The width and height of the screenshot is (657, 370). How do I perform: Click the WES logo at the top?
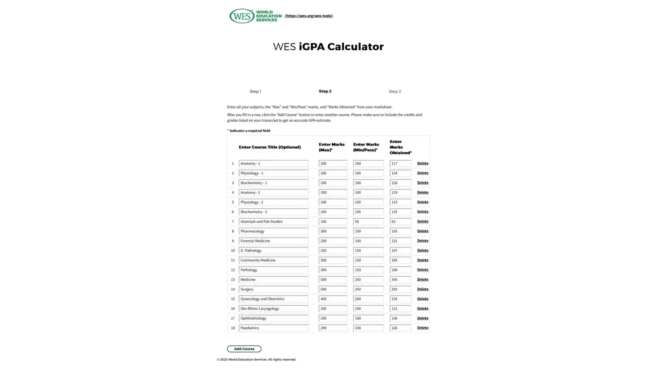click(x=255, y=16)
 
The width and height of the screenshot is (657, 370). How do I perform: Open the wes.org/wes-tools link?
click(x=309, y=16)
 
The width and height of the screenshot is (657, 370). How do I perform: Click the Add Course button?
click(x=244, y=349)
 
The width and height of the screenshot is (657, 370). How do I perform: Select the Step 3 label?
click(x=394, y=91)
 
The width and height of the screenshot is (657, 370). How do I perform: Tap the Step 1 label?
click(x=255, y=91)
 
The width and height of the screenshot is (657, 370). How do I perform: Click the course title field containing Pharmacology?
click(x=273, y=231)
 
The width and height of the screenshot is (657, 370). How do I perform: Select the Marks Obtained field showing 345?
click(x=400, y=280)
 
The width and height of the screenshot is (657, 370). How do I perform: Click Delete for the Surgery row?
click(x=422, y=289)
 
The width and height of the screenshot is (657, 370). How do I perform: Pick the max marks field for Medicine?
click(x=333, y=280)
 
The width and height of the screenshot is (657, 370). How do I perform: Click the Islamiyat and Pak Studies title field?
click(x=273, y=222)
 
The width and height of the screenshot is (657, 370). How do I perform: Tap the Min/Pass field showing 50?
click(x=368, y=222)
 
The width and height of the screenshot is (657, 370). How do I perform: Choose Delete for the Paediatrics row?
click(x=422, y=328)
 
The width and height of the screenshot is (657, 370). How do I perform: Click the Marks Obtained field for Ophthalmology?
click(x=400, y=318)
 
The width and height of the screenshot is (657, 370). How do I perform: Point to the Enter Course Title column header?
click(x=269, y=147)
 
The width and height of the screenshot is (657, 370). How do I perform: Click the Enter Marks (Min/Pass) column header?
click(x=366, y=147)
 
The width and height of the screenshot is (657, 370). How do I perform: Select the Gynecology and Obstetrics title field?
click(x=273, y=299)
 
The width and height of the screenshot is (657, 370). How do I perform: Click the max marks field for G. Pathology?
click(x=333, y=250)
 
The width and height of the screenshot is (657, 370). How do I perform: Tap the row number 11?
click(x=233, y=260)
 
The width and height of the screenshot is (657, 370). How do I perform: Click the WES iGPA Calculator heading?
click(x=328, y=47)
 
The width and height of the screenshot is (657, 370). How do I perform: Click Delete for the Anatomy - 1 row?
click(x=422, y=164)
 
